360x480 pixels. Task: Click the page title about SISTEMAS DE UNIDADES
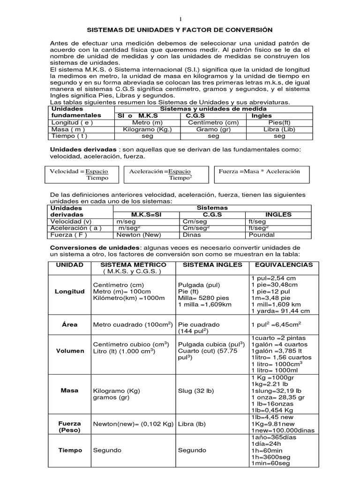(180, 29)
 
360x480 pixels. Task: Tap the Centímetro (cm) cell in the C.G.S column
(213, 122)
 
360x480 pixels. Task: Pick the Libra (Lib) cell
(279, 129)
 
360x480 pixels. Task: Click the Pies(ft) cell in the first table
(279, 122)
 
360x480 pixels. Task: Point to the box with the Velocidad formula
(81, 174)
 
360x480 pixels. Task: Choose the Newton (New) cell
(139, 235)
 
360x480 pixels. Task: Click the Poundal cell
(262, 235)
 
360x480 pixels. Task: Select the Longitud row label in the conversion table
(69, 291)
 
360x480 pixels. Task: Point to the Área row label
(69, 324)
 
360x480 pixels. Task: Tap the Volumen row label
(69, 351)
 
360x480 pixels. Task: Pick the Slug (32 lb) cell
(195, 390)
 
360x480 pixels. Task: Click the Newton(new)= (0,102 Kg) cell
(134, 424)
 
